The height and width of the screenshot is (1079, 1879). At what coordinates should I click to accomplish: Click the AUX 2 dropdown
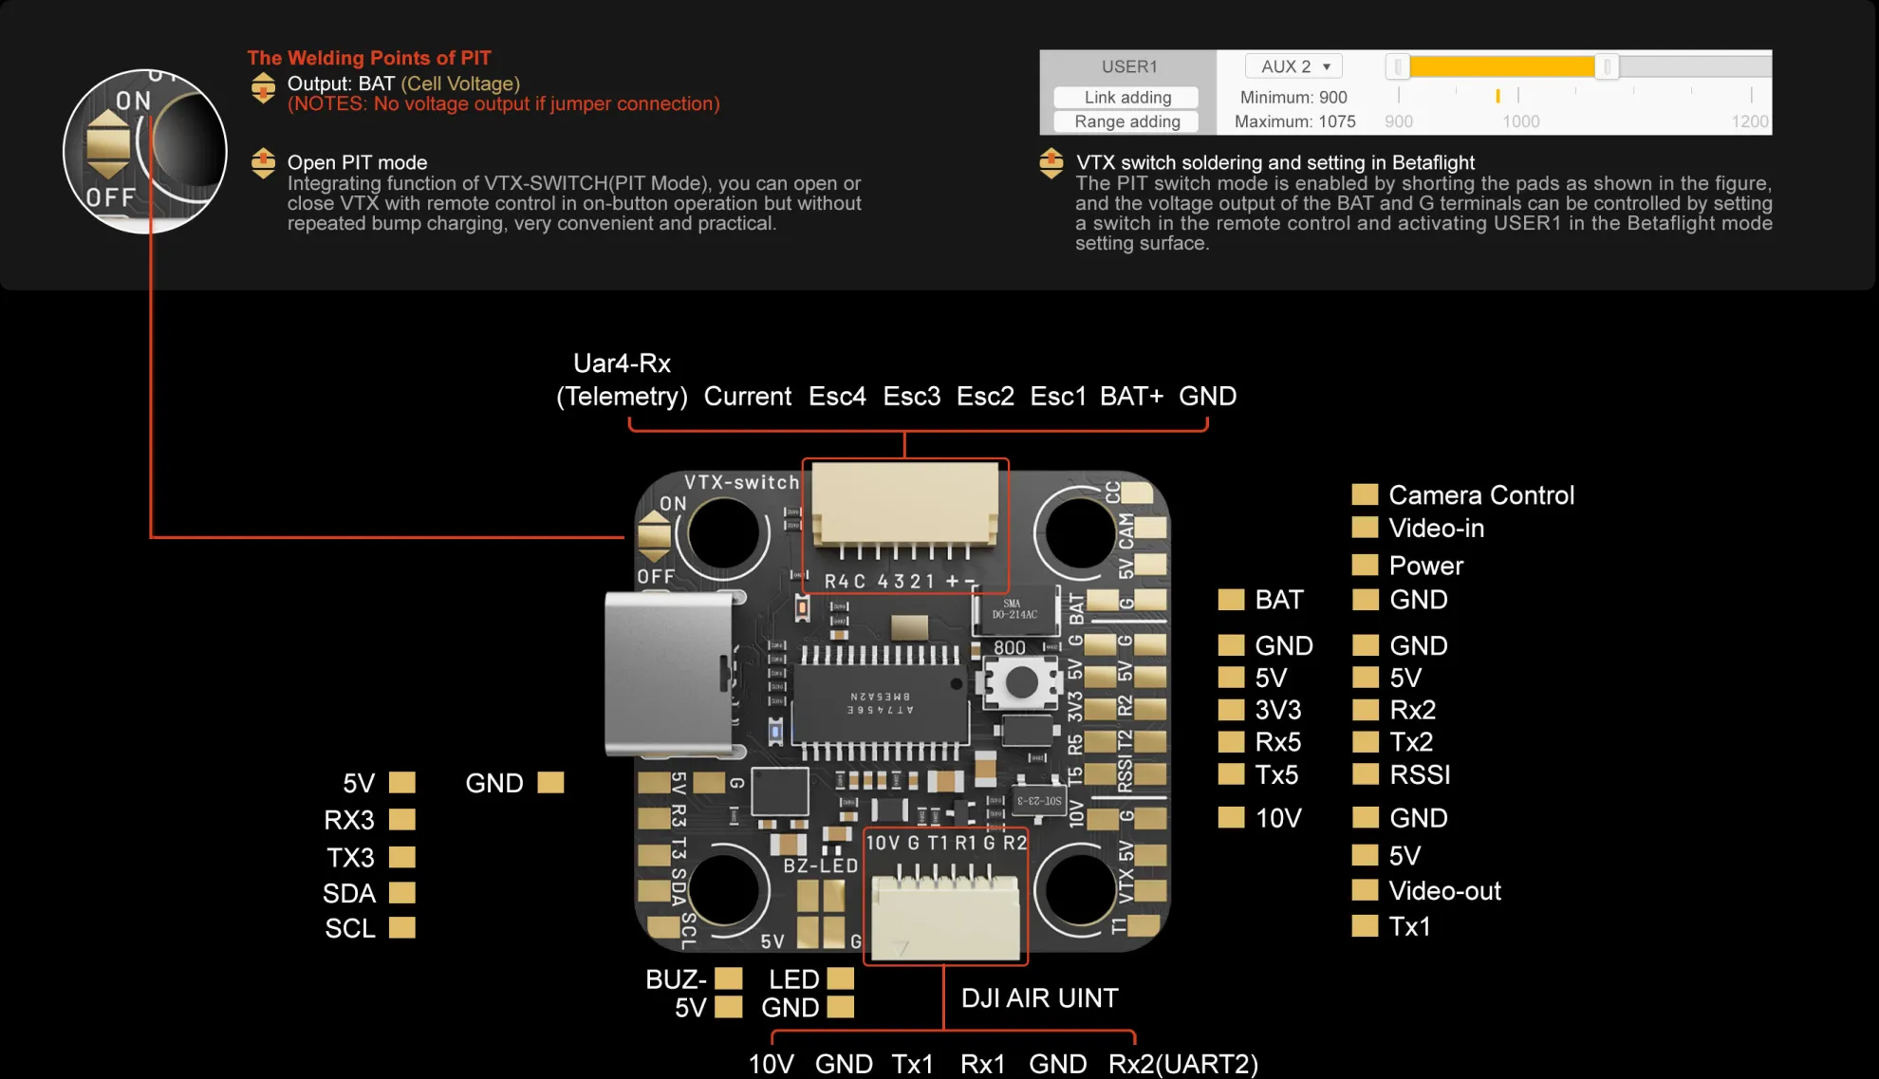click(1293, 66)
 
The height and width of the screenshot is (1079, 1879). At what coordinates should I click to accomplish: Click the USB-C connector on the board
click(669, 674)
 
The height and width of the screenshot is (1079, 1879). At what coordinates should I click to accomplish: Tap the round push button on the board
click(1021, 681)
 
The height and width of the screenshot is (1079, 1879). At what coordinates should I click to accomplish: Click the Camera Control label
click(1480, 494)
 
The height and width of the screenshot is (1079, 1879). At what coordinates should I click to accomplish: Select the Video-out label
click(1443, 890)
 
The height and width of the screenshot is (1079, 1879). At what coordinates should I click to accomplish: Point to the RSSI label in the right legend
click(1419, 774)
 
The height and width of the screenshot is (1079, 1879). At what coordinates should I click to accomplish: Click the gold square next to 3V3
click(1231, 710)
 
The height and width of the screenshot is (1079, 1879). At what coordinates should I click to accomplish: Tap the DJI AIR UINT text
click(1039, 997)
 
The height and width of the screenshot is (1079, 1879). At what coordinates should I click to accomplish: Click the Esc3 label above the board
click(911, 396)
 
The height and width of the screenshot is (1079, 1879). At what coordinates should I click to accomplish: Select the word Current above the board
click(747, 396)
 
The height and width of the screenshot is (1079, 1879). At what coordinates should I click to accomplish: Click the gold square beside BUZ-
click(728, 978)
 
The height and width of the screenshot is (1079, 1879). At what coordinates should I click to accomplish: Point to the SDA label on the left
click(349, 893)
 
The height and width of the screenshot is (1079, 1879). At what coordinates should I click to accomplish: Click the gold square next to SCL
click(402, 927)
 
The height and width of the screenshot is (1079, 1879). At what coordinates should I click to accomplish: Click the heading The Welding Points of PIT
click(369, 58)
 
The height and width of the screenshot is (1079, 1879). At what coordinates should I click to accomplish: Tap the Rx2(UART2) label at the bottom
click(1182, 1064)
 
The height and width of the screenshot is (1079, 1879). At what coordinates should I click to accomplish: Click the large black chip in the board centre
click(880, 703)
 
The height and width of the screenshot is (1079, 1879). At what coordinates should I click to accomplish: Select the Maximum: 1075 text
click(1294, 121)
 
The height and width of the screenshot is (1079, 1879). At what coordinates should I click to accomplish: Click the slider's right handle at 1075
click(1607, 66)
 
